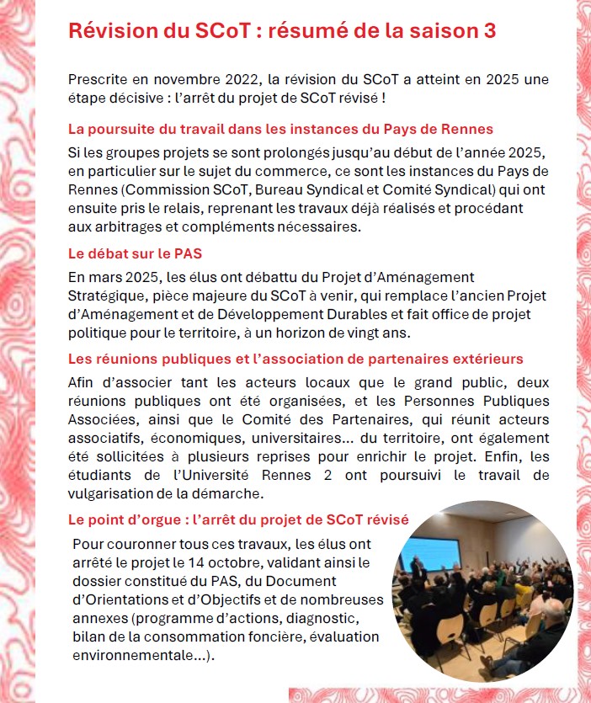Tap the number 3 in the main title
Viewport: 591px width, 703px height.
[x=489, y=30]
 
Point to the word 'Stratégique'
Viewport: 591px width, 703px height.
[x=109, y=295]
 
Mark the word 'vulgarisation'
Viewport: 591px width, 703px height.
[x=112, y=493]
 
